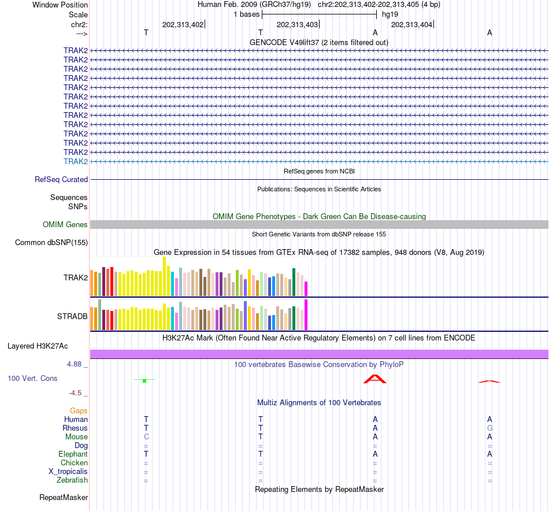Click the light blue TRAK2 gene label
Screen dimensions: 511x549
(x=76, y=161)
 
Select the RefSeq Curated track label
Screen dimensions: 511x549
(x=61, y=180)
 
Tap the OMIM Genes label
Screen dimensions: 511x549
(x=65, y=225)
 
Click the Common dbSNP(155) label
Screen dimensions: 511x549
(x=51, y=243)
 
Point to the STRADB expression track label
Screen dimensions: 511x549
(x=72, y=317)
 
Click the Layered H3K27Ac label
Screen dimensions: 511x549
(x=38, y=346)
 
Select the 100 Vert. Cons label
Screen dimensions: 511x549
(x=32, y=378)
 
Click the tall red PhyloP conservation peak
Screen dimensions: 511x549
(x=374, y=379)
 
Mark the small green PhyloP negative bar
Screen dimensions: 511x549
(x=144, y=380)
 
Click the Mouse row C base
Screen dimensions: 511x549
(x=146, y=437)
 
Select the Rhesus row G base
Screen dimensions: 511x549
(x=489, y=428)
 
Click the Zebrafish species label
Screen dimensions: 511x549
(x=72, y=480)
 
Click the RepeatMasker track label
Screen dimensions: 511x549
(x=64, y=497)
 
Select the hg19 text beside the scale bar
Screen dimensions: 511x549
(x=390, y=14)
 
